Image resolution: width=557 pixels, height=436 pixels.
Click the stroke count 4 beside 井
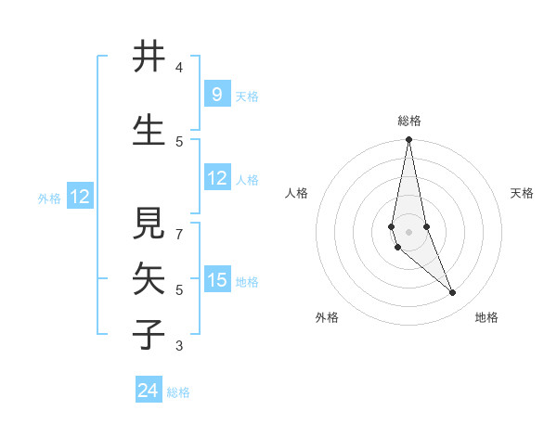pyautogui.click(x=179, y=68)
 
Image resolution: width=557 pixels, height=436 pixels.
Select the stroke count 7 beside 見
pyautogui.click(x=179, y=225)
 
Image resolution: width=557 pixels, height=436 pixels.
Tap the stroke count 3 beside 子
pyautogui.click(x=179, y=346)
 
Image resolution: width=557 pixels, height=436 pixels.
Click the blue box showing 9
pyautogui.click(x=216, y=94)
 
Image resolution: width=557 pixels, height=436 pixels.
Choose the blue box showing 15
pyautogui.click(x=217, y=281)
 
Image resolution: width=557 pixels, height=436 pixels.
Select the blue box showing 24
pyautogui.click(x=149, y=391)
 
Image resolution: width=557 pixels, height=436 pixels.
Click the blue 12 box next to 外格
pyautogui.click(x=79, y=197)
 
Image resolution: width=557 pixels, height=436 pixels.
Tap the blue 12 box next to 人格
pyautogui.click(x=217, y=179)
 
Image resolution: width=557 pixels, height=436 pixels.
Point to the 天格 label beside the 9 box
pyautogui.click(x=246, y=96)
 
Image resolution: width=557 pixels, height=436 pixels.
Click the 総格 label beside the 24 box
pyautogui.click(x=178, y=392)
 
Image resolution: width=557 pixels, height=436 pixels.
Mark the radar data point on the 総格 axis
pyautogui.click(x=408, y=139)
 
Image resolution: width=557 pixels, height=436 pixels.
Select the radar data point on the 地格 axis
pyautogui.click(x=453, y=293)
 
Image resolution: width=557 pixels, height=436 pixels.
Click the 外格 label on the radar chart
pyautogui.click(x=327, y=317)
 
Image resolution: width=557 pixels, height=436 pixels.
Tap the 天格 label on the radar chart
pyautogui.click(x=523, y=193)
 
